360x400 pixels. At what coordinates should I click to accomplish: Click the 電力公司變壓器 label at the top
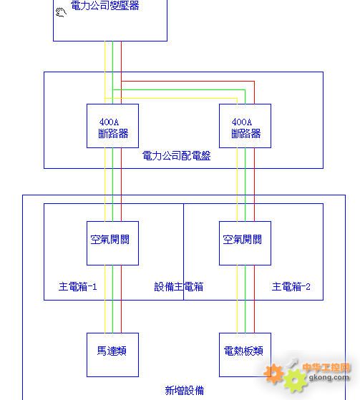[x=105, y=5]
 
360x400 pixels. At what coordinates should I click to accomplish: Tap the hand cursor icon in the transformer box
[x=61, y=12]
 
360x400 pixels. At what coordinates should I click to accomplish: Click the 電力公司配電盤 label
[x=176, y=155]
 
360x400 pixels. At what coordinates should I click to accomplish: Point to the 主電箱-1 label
[x=77, y=286]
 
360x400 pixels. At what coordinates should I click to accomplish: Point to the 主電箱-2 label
[x=291, y=286]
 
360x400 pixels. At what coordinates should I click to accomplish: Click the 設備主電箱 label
[x=179, y=287]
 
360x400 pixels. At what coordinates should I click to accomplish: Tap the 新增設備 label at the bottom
[x=185, y=390]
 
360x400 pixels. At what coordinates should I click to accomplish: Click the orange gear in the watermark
[x=273, y=374]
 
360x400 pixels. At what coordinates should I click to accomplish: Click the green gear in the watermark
[x=295, y=381]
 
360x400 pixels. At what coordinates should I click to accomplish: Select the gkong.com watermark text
[x=329, y=377]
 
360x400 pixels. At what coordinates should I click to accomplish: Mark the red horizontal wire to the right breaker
[x=188, y=82]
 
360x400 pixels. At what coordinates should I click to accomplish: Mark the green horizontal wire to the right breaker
[x=179, y=89]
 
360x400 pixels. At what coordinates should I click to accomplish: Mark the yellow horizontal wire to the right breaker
[x=171, y=98]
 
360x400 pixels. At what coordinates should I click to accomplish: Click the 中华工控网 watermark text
[x=326, y=368]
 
